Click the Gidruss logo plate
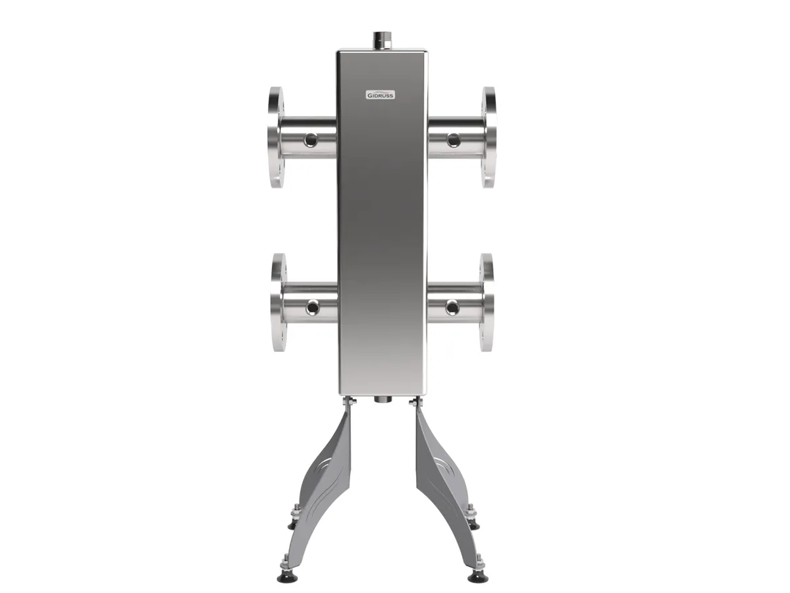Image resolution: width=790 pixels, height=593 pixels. tap(380, 95)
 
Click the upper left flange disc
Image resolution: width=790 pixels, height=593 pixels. tap(276, 137)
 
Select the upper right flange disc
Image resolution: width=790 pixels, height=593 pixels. tap(488, 137)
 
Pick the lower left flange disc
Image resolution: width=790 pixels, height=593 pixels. tap(279, 302)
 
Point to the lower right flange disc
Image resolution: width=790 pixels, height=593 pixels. tap(486, 302)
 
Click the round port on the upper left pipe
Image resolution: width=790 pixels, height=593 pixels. tap(310, 139)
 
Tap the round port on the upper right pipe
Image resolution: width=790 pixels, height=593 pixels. tap(454, 139)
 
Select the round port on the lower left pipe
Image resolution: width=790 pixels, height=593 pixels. tap(312, 307)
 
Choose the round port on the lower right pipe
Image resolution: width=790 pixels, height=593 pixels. tap(452, 307)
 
